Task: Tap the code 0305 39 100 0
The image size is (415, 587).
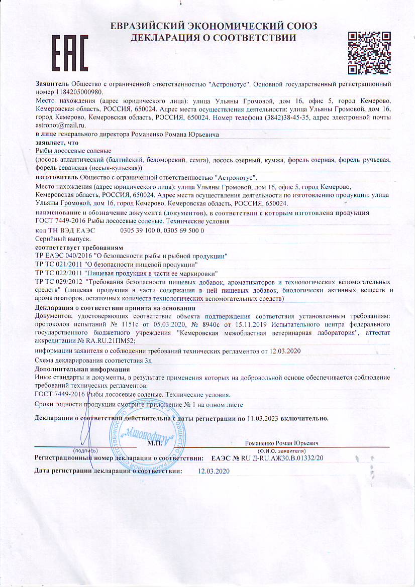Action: [139, 230]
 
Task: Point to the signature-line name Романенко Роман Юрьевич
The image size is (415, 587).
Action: [282, 443]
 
